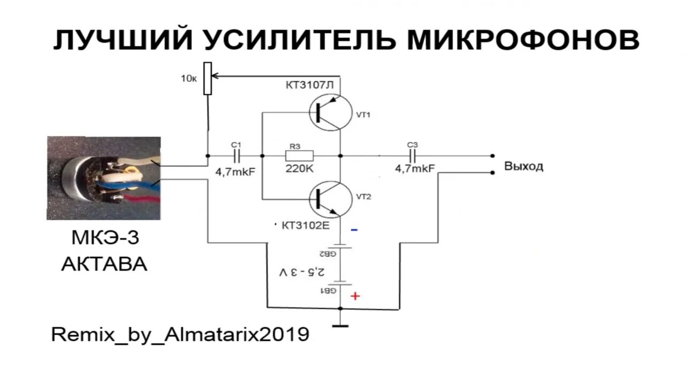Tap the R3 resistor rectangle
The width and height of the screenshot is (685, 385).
click(x=299, y=156)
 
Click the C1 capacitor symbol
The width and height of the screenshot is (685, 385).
click(x=237, y=156)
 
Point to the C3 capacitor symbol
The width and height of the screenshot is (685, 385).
click(x=413, y=156)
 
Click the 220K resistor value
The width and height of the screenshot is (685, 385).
click(x=299, y=168)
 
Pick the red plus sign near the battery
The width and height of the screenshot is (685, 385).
click(x=355, y=296)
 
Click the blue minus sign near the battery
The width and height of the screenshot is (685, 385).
click(x=354, y=230)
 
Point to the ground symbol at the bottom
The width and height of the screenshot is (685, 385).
click(x=340, y=325)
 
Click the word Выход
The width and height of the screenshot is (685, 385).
click(x=523, y=166)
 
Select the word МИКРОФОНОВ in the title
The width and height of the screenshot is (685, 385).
click(x=523, y=40)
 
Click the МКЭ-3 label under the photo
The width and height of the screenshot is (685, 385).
click(x=105, y=238)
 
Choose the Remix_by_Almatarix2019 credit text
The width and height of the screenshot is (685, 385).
click(x=180, y=335)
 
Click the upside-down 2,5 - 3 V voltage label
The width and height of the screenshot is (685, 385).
click(x=301, y=272)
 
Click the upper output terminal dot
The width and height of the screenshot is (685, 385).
click(x=492, y=156)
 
